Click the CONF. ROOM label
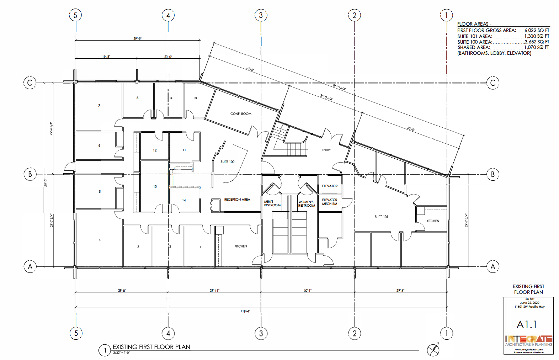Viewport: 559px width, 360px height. coord(241,114)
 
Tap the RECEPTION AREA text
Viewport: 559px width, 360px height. coord(237,200)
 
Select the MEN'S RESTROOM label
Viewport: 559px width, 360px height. coord(272,203)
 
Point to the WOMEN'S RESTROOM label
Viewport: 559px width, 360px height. coord(307,204)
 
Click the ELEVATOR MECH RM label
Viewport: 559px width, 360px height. coord(330,202)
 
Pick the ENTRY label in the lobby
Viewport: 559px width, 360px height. coord(326,150)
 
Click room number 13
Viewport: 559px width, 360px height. coord(155,186)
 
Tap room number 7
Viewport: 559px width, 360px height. coord(99,106)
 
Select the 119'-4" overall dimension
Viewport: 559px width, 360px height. coord(245,311)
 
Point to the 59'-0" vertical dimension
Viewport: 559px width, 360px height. coord(46,182)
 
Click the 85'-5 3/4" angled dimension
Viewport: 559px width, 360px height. coord(339,87)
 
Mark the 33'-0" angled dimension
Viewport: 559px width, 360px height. coord(411,129)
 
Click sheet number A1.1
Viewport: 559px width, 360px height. coord(527,324)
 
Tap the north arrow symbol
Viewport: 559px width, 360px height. coord(433,350)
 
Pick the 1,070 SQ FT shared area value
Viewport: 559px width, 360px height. coord(536,47)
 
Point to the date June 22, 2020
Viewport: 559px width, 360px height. coord(529,303)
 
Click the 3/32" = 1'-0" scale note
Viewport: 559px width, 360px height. coord(121,353)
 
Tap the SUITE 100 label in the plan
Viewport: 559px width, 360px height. coord(227,162)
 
